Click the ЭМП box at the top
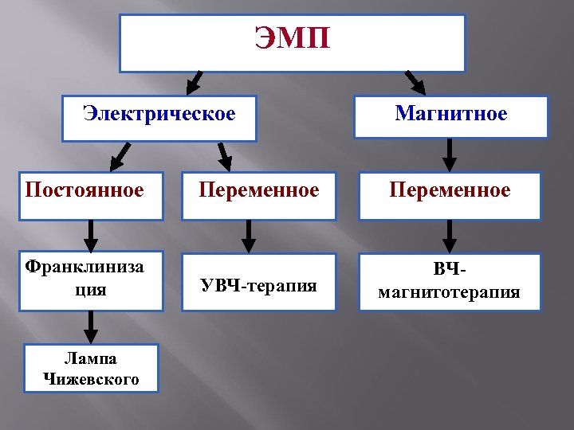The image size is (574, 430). click(292, 43)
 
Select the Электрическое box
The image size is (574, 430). click(159, 118)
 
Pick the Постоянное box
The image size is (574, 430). click(91, 195)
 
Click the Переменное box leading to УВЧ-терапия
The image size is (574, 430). click(258, 195)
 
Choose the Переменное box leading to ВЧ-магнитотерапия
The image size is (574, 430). click(450, 195)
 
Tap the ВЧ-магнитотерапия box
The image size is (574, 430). click(450, 282)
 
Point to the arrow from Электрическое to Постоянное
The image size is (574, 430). click(120, 156)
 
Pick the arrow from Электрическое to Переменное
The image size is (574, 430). click(225, 156)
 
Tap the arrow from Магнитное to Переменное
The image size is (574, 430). click(450, 154)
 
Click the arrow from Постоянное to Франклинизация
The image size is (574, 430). click(91, 236)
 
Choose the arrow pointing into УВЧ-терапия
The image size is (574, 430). click(249, 236)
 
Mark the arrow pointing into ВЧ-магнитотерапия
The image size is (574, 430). click(450, 236)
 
